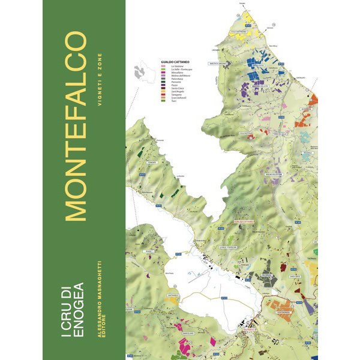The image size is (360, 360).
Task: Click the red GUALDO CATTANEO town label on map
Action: [244, 221]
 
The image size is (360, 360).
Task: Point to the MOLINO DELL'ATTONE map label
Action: [274, 175]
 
